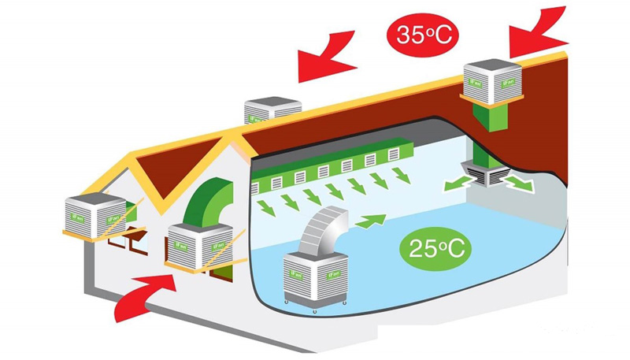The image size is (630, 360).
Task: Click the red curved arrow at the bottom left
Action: [x=146, y=295]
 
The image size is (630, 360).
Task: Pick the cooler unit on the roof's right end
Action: [x=491, y=80]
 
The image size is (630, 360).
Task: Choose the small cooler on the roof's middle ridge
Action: [x=272, y=109]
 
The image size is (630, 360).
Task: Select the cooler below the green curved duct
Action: [x=200, y=244]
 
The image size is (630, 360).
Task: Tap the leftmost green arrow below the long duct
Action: [x=268, y=208]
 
